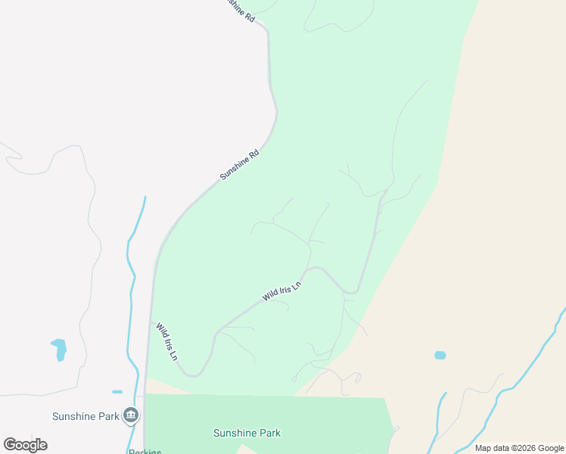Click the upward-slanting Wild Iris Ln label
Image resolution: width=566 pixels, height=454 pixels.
pyautogui.click(x=281, y=291)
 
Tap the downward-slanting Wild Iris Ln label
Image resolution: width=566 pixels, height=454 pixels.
pyautogui.click(x=166, y=341)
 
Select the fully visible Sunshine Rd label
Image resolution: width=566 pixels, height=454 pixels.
pyautogui.click(x=239, y=164)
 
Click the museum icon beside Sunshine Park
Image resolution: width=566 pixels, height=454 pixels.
pyautogui.click(x=131, y=415)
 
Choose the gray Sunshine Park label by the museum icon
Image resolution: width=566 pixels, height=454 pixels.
pyautogui.click(x=85, y=416)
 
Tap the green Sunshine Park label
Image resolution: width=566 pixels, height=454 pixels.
pyautogui.click(x=247, y=434)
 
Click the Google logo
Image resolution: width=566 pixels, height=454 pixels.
pyautogui.click(x=25, y=445)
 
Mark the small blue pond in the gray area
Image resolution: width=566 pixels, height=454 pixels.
pyautogui.click(x=59, y=349)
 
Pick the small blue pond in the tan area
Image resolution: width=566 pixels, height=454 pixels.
pyautogui.click(x=440, y=355)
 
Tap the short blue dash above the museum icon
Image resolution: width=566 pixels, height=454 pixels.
pyautogui.click(x=117, y=392)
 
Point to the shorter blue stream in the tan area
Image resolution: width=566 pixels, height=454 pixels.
pyautogui.click(x=439, y=416)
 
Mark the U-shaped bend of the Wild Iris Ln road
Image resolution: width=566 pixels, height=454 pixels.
pyautogui.click(x=195, y=372)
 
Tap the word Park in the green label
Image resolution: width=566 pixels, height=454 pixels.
pyautogui.click(x=269, y=434)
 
